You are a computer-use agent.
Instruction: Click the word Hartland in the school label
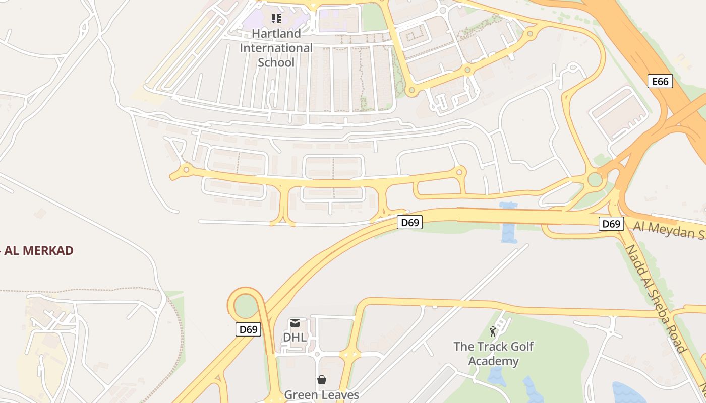[x=276, y=34]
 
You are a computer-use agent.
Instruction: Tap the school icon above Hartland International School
[x=276, y=19]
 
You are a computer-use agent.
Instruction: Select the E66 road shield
[x=660, y=81]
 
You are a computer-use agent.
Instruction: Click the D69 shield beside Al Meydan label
[x=611, y=224]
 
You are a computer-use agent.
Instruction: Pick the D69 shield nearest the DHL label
[x=248, y=330]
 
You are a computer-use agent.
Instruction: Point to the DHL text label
[x=295, y=338]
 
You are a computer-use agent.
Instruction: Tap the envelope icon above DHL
[x=295, y=323]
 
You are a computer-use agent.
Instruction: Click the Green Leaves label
[x=321, y=394]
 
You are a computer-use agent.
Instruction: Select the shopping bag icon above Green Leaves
[x=321, y=380]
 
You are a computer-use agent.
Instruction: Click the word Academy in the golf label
[x=493, y=361]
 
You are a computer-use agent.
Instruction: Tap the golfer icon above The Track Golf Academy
[x=493, y=331]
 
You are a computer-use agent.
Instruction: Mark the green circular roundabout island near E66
[x=595, y=180]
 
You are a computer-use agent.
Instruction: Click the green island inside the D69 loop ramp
[x=246, y=306]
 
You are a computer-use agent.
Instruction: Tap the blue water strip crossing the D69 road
[x=508, y=222]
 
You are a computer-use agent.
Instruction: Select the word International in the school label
[x=276, y=48]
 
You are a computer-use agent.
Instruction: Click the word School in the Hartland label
[x=276, y=62]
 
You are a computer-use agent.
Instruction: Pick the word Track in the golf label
[x=493, y=347]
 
